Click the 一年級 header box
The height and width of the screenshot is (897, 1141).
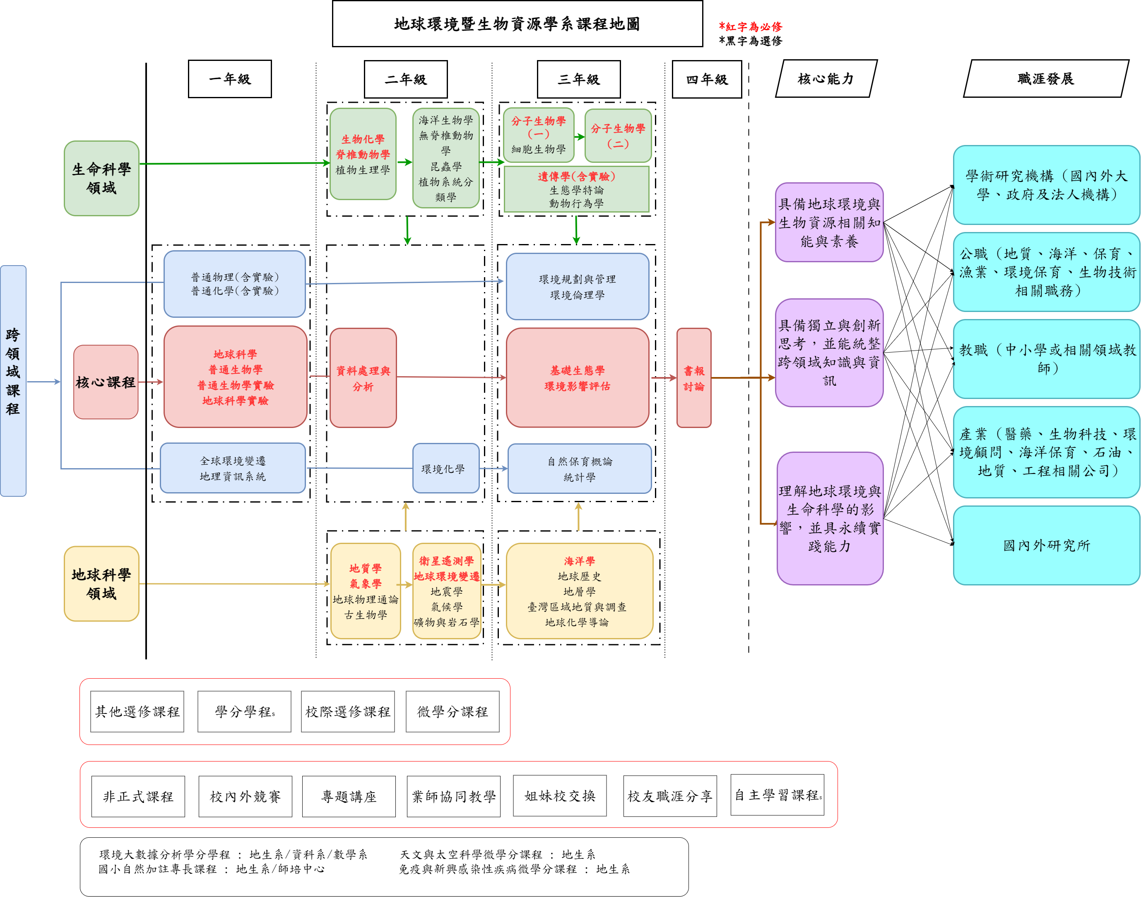click(x=230, y=79)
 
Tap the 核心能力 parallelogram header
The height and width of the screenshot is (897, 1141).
click(x=826, y=79)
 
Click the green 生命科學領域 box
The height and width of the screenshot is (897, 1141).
click(x=101, y=178)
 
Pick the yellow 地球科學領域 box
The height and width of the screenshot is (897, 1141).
click(x=101, y=583)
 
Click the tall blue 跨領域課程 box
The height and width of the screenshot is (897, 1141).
click(x=13, y=381)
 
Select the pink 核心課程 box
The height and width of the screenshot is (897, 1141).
click(x=106, y=382)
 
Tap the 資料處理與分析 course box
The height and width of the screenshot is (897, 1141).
click(x=363, y=378)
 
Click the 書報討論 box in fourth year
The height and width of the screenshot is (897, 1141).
click(x=693, y=378)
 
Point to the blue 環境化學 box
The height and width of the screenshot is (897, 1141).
click(x=445, y=469)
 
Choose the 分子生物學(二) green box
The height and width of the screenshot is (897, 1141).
click(x=618, y=135)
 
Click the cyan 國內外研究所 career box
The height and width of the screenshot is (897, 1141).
click(x=1046, y=545)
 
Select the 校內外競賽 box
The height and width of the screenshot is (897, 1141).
click(x=245, y=796)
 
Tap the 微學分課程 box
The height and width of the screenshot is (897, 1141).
click(x=453, y=712)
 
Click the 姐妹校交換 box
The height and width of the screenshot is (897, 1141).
click(x=559, y=795)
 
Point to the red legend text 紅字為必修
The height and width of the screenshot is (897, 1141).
click(x=751, y=26)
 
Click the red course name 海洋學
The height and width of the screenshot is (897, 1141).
click(x=580, y=561)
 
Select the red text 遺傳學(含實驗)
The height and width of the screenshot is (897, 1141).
click(x=576, y=176)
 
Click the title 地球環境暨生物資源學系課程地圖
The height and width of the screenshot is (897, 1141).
click(x=517, y=24)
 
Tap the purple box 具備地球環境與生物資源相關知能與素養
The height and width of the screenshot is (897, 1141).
click(x=829, y=222)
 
